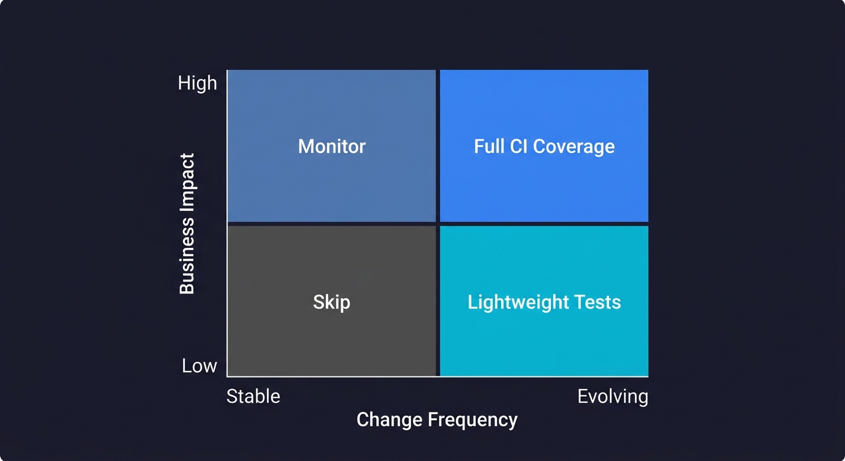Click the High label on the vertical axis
click(x=197, y=83)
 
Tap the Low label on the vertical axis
click(x=199, y=366)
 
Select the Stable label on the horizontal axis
click(x=253, y=397)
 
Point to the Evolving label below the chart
click(x=613, y=397)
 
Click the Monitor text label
click(x=332, y=146)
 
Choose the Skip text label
click(x=331, y=302)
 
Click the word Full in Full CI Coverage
click(x=489, y=146)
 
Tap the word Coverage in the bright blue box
click(x=574, y=146)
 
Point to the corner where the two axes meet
click(x=227, y=377)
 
